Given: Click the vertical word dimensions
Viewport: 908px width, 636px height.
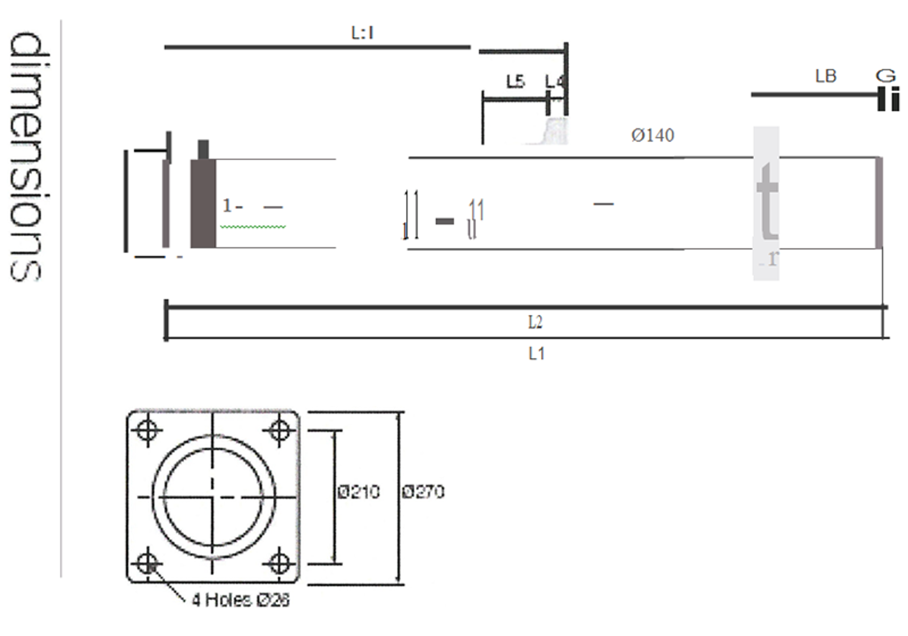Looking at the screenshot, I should coord(26,156).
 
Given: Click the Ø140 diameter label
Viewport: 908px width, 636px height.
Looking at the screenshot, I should coord(652,135).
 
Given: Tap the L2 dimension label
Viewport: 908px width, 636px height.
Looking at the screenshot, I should coord(535,323).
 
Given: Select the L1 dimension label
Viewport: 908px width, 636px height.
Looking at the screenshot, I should coord(536,354).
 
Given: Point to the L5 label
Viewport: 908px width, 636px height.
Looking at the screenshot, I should coord(515,82).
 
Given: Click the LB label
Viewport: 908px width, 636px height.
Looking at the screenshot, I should coord(825,76).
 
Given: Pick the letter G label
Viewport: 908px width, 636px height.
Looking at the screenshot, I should coord(885,75).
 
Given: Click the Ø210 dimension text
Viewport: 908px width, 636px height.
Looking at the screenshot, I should coord(359,491).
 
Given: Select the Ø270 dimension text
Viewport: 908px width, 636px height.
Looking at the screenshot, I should coord(423,491).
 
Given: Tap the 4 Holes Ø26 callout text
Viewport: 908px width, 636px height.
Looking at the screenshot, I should coord(241,600).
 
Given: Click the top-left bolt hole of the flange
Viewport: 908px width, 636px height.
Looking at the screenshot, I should coord(148,430).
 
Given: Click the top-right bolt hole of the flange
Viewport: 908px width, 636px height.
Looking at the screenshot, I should coord(279,430).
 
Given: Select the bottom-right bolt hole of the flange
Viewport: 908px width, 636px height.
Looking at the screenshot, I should coord(279,563).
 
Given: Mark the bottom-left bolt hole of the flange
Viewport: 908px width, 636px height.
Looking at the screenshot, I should coord(148,563).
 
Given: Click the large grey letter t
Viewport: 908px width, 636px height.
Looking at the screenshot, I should coord(767,201).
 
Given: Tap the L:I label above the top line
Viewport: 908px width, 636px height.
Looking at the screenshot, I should coord(362,33).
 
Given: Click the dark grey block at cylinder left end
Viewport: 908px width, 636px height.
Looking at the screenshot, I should coord(203,204).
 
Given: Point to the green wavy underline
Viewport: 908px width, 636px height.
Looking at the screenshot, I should coord(253,227).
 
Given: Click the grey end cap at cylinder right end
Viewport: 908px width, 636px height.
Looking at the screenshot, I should coord(878,203).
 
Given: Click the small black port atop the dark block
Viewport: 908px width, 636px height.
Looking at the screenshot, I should coord(203,150).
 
